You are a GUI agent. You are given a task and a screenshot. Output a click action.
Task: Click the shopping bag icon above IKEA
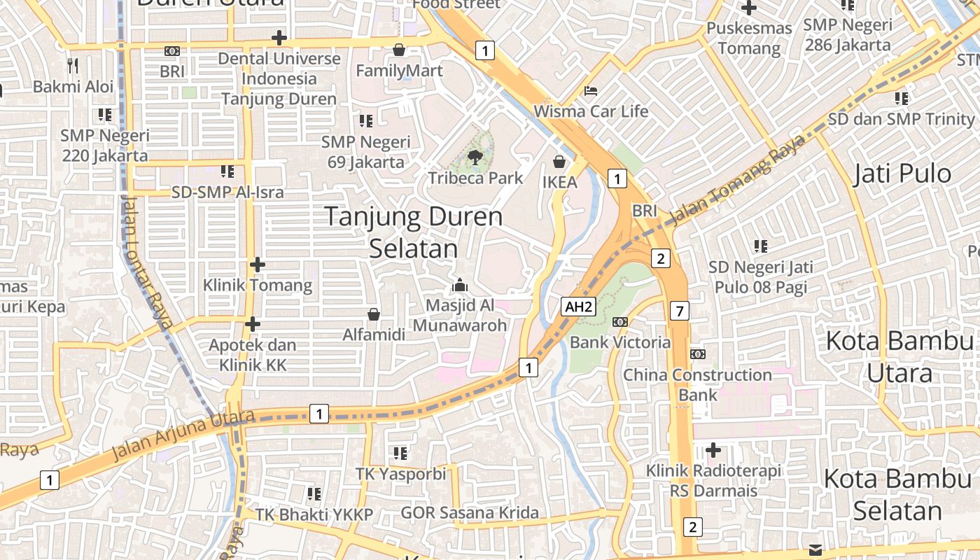559,162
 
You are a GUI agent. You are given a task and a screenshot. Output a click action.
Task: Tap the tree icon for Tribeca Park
475,157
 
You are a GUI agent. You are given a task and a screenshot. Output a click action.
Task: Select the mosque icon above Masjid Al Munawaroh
460,285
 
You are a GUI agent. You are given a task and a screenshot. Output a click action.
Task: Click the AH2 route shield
579,306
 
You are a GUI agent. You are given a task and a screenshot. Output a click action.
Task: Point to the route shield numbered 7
679,310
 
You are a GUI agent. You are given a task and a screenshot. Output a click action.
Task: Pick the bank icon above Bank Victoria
619,322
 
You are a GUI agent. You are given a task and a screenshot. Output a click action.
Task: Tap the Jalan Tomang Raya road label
732,185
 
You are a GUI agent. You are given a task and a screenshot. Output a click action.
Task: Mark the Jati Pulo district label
902,174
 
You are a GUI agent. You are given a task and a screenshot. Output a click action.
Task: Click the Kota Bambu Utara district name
899,357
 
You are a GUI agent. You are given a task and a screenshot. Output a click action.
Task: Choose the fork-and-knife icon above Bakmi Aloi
73,66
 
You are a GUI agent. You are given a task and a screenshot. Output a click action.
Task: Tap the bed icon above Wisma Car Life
591,91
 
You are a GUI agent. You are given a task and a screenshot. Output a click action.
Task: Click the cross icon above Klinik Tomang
258,265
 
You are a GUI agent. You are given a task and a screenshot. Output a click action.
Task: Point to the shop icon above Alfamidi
374,314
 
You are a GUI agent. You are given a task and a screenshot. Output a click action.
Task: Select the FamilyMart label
399,71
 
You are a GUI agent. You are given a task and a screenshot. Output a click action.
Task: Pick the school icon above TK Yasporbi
400,454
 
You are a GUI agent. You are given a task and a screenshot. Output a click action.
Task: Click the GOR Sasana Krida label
470,513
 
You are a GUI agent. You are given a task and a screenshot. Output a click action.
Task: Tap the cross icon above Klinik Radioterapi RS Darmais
713,449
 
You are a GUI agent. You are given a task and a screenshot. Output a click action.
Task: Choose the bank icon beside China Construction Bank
697,354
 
